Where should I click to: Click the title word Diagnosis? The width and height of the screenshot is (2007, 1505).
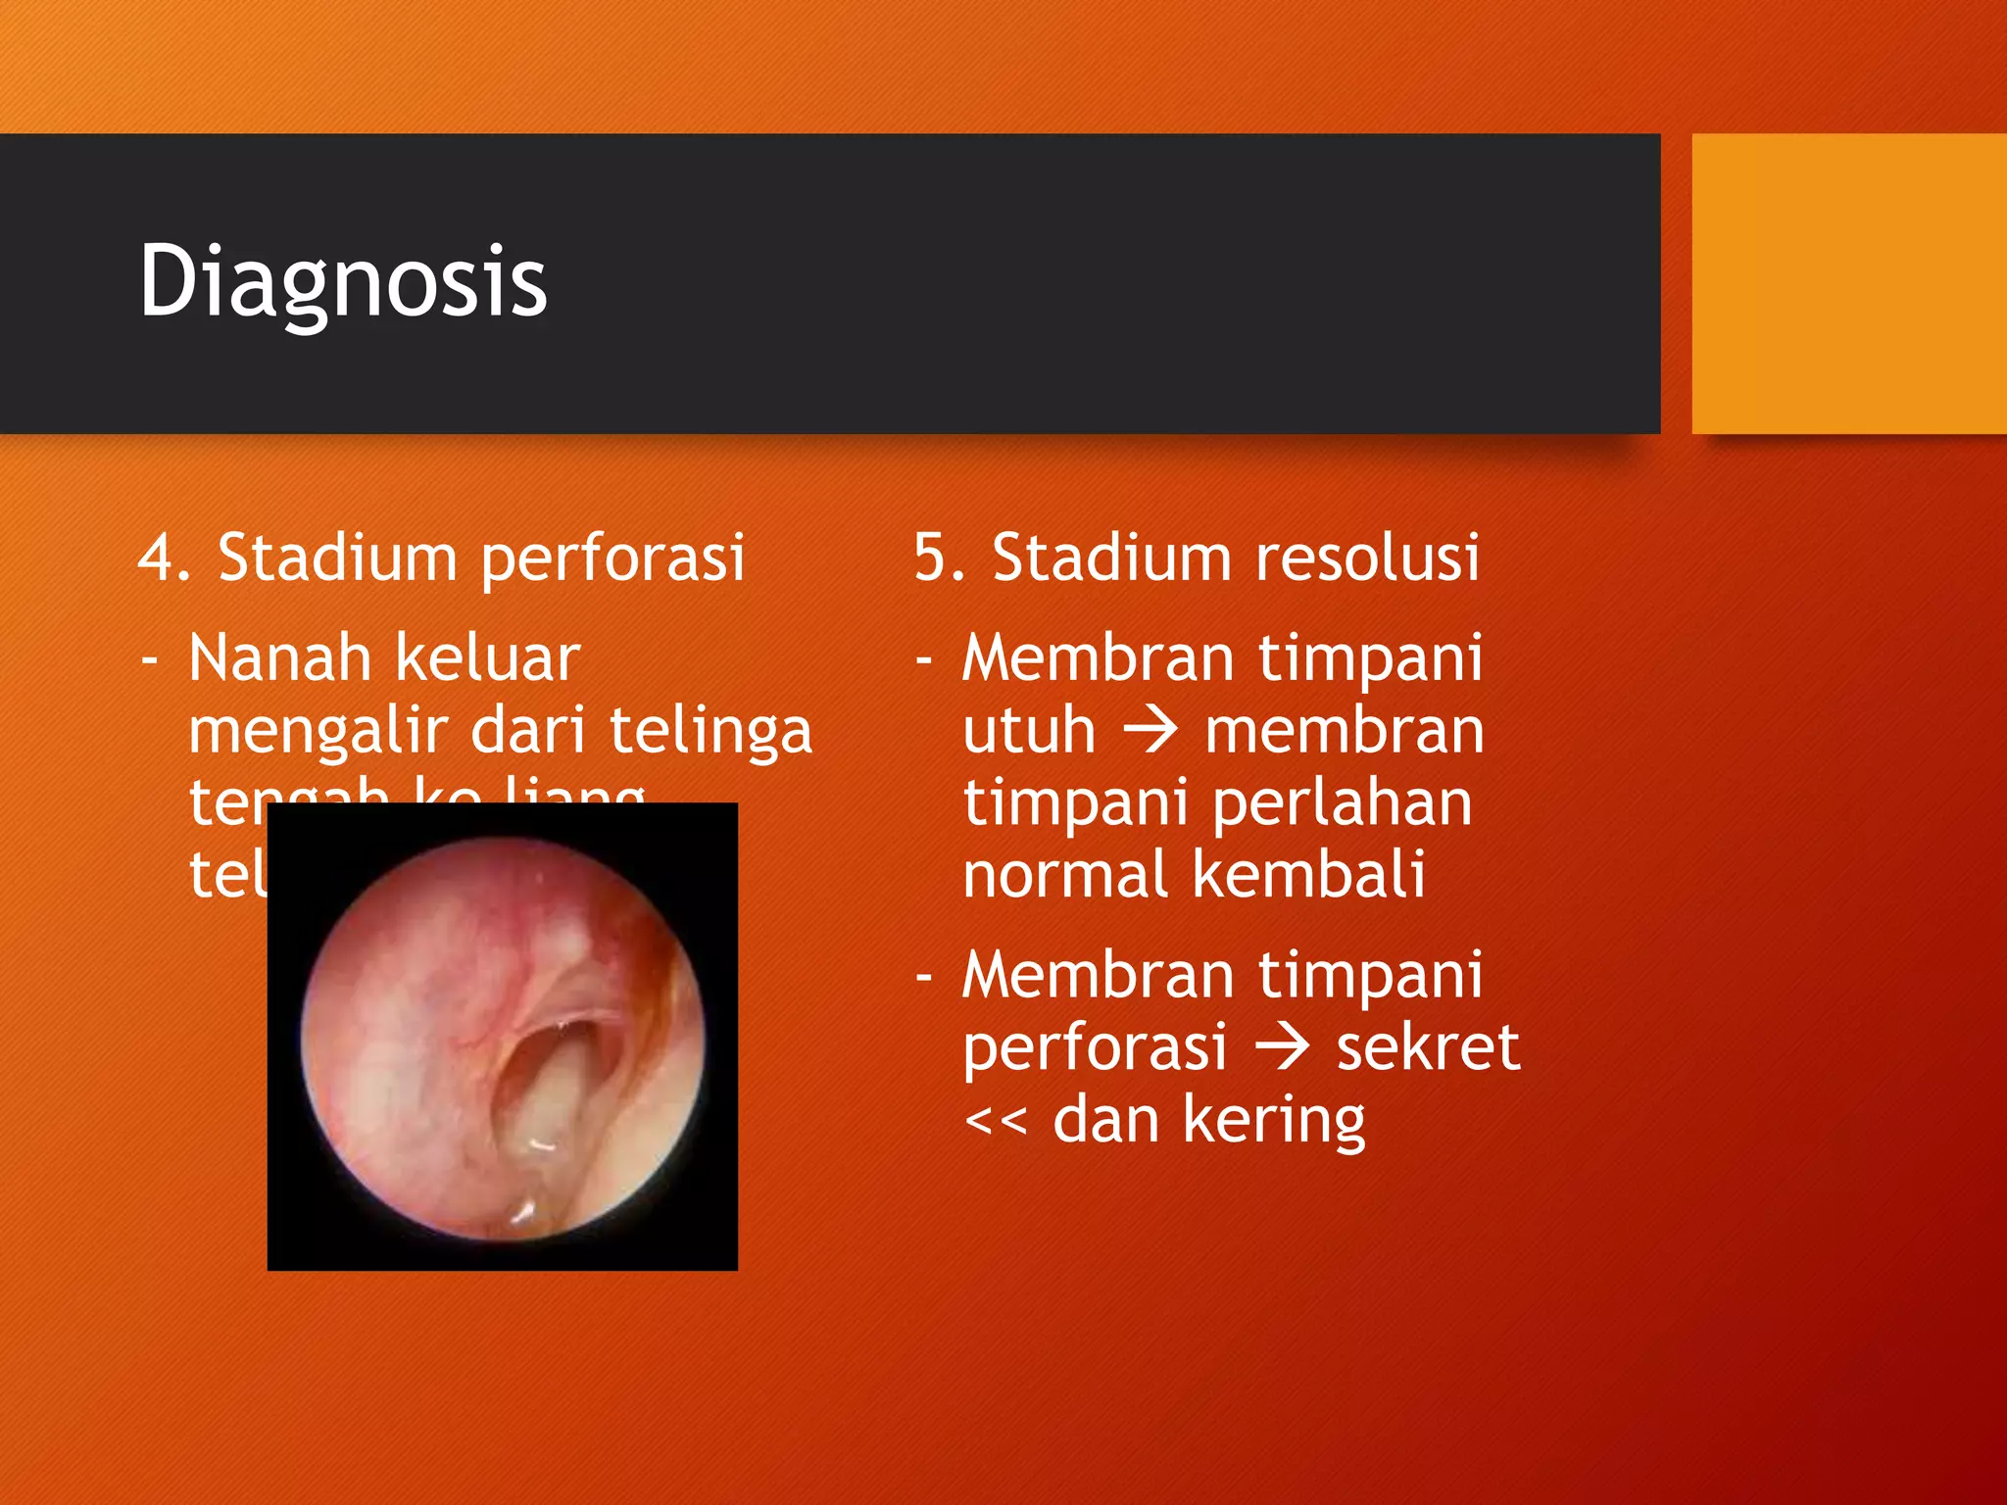(343, 282)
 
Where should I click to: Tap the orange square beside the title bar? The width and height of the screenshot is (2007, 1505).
(1848, 284)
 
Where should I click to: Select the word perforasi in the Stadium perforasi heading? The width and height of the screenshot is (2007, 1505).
(612, 558)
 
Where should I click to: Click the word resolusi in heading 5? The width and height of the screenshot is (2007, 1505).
(1367, 558)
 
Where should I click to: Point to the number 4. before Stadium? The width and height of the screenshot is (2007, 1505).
(163, 558)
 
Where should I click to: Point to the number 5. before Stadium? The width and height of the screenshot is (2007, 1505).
(939, 558)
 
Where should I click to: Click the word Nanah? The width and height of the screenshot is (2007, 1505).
(279, 657)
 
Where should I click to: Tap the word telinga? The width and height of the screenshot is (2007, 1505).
(710, 732)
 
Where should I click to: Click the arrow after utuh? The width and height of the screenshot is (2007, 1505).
(1150, 730)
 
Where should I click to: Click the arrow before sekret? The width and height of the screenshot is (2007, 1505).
(1282, 1046)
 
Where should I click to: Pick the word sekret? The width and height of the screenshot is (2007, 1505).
(1428, 1046)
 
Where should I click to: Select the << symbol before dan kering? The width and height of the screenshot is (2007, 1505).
(996, 1120)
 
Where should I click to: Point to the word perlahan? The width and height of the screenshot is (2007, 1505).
(1342, 803)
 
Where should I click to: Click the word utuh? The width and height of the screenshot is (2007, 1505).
(1028, 730)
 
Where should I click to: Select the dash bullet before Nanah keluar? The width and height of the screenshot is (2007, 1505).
(150, 659)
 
